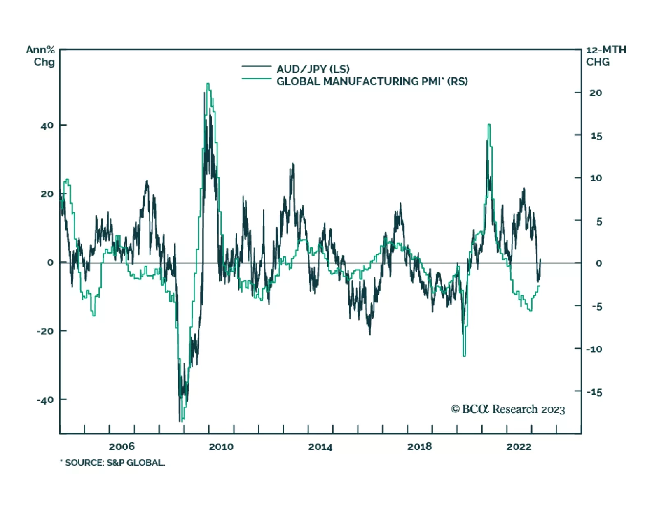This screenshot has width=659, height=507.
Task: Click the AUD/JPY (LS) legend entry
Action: click(x=313, y=69)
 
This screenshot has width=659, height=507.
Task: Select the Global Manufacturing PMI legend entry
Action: click(x=372, y=81)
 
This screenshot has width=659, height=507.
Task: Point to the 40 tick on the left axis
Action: click(x=47, y=126)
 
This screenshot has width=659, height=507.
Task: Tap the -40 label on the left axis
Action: click(x=45, y=400)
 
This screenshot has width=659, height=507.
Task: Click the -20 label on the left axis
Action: click(x=45, y=331)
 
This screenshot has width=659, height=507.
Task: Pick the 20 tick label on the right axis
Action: click(x=595, y=93)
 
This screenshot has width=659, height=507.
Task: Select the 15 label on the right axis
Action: click(x=596, y=136)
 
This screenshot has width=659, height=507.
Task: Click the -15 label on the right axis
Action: click(x=594, y=392)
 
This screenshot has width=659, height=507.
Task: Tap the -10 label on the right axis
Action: click(x=594, y=349)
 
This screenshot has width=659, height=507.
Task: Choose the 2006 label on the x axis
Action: click(x=122, y=447)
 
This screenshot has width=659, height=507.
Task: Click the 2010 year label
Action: click(x=221, y=447)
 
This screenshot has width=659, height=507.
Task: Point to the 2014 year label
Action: click(x=320, y=447)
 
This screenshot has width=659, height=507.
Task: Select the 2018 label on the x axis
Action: click(x=419, y=447)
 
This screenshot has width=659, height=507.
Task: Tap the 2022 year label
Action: click(x=519, y=447)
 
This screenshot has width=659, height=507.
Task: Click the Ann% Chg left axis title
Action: click(x=40, y=56)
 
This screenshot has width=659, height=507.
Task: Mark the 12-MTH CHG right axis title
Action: click(x=606, y=56)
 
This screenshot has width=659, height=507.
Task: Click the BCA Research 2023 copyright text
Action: click(x=508, y=409)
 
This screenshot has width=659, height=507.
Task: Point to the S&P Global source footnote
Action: click(x=112, y=463)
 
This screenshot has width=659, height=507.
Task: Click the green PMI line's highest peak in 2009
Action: click(x=208, y=84)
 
